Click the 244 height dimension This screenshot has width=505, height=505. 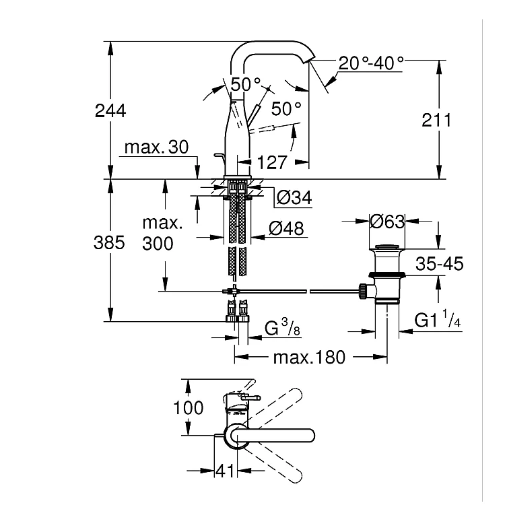[110, 110]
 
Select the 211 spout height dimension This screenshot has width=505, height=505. [436, 120]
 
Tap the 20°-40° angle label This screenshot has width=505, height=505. [371, 63]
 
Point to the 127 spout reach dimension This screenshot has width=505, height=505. [272, 162]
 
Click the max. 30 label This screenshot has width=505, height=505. [156, 147]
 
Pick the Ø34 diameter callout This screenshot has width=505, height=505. [294, 197]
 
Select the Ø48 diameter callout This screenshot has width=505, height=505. [286, 228]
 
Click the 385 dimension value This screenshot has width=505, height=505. [109, 242]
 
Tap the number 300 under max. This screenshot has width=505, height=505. [158, 244]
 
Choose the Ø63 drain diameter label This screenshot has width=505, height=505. [386, 222]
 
